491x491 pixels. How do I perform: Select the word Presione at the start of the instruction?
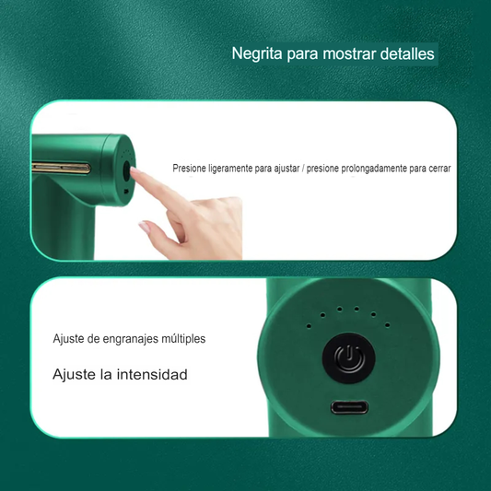(x=192, y=170)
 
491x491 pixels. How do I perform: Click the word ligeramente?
(x=239, y=170)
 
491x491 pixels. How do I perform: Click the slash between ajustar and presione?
(x=301, y=170)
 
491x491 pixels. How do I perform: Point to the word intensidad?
(x=153, y=375)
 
